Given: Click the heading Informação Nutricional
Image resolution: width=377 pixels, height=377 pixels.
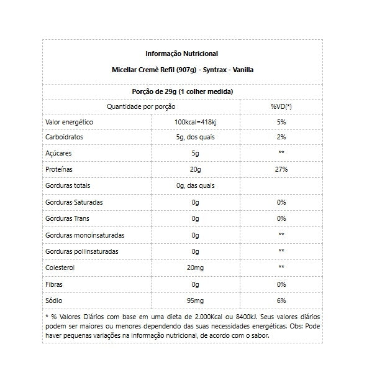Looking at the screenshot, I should (181, 54).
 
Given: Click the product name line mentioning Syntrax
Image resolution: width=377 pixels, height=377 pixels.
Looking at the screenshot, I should (181, 70).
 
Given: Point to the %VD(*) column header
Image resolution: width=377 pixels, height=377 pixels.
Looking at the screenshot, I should (281, 106).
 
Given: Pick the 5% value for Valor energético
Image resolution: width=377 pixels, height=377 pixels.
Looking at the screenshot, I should (281, 122).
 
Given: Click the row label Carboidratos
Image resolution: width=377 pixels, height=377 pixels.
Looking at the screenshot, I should (65, 137).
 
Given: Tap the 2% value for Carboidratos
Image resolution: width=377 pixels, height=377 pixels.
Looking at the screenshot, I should (281, 137).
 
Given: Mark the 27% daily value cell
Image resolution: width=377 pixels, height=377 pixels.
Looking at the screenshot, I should (281, 169).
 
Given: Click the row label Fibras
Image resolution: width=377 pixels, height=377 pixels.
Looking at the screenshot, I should (55, 284).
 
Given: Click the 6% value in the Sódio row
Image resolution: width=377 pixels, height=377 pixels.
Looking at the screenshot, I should (281, 300).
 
